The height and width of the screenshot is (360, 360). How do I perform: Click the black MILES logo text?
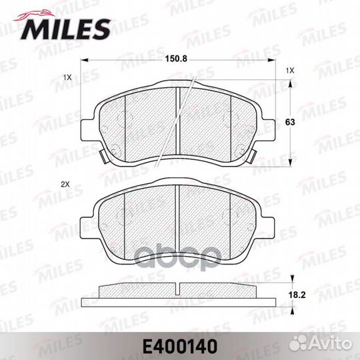pos(65,30)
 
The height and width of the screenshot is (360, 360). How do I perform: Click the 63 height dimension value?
pos(290,122)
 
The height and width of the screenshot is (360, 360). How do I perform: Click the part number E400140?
pos(180,347)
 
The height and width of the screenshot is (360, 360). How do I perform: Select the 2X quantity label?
pos(65,185)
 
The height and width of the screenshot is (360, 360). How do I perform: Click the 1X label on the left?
pos(68,77)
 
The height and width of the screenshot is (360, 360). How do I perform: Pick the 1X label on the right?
pos(290,71)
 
